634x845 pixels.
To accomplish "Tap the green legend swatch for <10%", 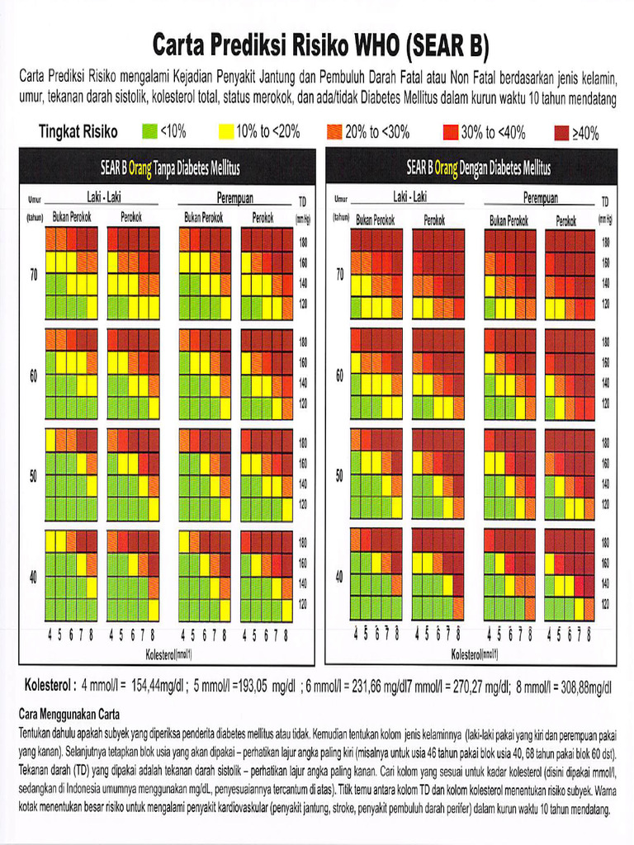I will (x=149, y=131).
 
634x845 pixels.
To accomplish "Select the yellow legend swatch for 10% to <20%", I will (x=225, y=131).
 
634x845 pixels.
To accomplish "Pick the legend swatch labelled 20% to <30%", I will (x=334, y=131).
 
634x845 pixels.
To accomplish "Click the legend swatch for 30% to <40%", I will (x=451, y=132).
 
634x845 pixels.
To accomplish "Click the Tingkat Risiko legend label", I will (x=78, y=131).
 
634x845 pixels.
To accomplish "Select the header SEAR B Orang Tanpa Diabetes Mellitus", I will (x=169, y=169).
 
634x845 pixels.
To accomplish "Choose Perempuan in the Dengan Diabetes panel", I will (x=541, y=199).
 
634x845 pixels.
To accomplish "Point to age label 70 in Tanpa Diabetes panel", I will (x=34, y=275).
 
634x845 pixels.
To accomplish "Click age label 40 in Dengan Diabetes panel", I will (x=339, y=576).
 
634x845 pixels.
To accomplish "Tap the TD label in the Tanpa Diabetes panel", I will (x=302, y=201).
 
